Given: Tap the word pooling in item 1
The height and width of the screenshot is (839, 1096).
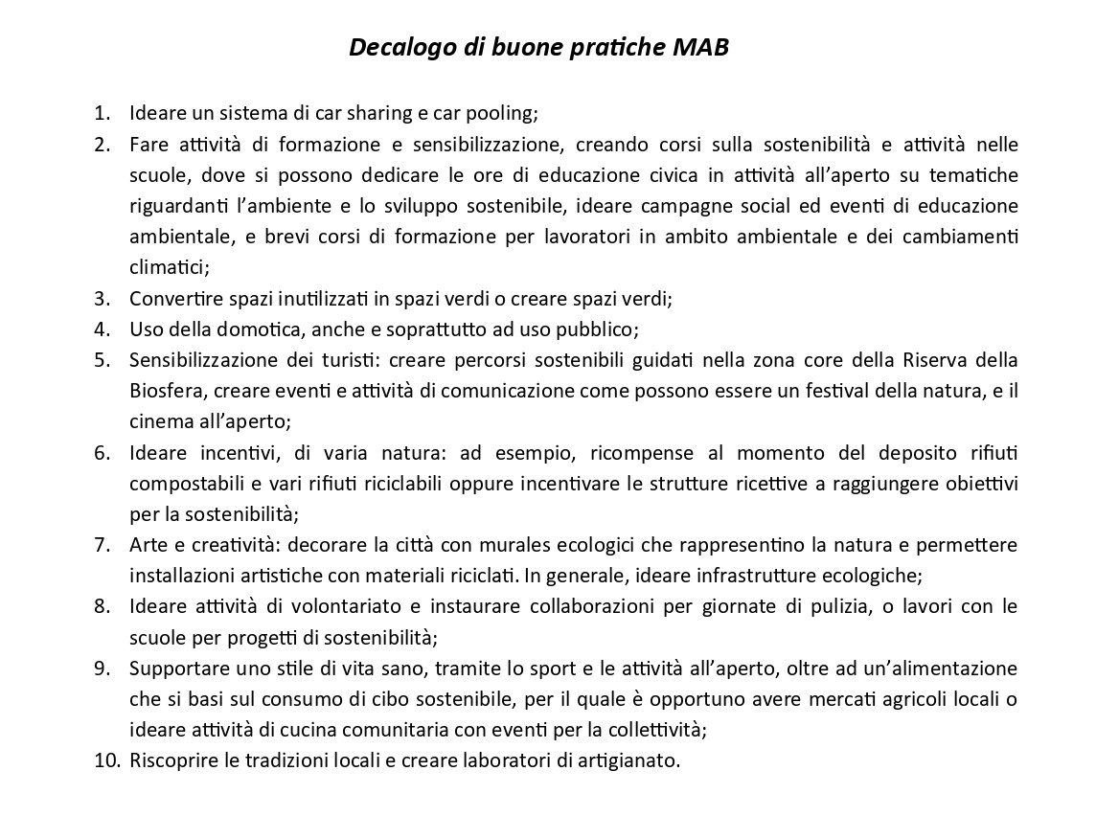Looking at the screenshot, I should click(x=505, y=113).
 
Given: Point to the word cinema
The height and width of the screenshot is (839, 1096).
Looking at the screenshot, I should click(x=159, y=421).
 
